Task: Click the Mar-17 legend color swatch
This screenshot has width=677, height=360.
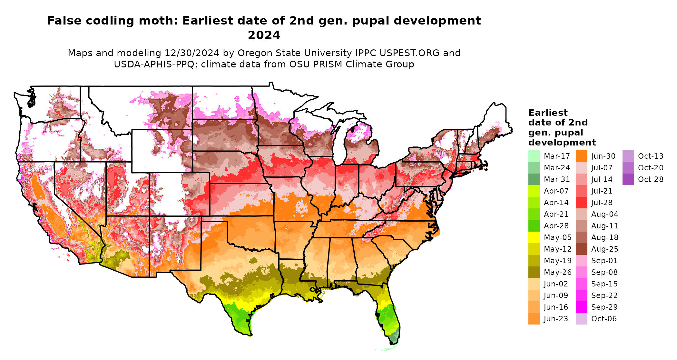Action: click(x=534, y=156)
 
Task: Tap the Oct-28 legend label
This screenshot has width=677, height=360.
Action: click(x=651, y=179)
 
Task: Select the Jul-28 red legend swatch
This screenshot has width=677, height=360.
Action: click(x=581, y=203)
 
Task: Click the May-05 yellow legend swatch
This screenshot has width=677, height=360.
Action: click(x=534, y=237)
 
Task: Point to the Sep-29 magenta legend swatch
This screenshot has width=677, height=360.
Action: click(x=581, y=307)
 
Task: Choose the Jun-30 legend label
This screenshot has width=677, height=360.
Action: click(x=603, y=156)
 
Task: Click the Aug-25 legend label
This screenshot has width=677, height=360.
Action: click(x=604, y=249)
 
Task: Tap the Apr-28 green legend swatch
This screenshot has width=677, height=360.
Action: click(x=534, y=226)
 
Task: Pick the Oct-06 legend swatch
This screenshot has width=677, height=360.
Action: click(x=581, y=319)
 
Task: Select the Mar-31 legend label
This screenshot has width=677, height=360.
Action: click(x=557, y=179)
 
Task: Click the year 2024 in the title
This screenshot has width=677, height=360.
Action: click(x=264, y=35)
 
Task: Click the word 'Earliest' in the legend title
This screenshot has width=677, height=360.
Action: click(x=548, y=113)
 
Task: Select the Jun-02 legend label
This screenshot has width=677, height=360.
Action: click(x=556, y=284)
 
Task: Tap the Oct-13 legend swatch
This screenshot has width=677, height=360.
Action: click(x=628, y=156)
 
